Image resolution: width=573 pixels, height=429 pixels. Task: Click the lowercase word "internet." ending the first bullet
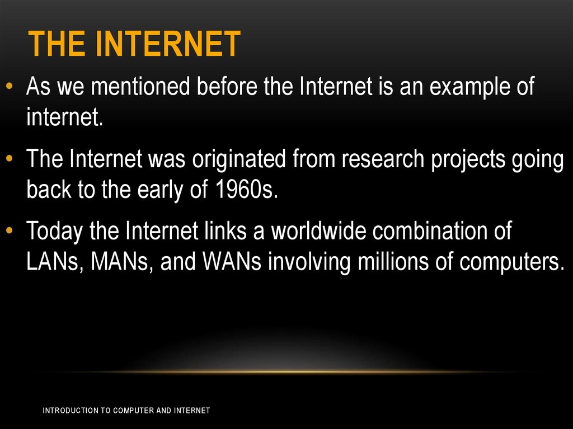click(65, 118)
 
